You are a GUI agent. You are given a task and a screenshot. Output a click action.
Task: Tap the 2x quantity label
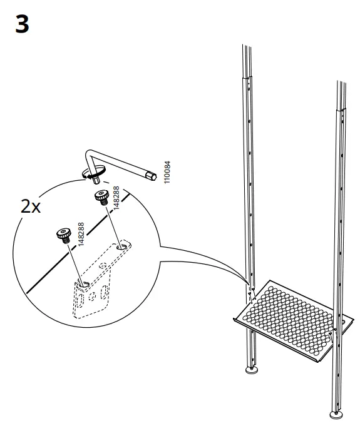pyautogui.click(x=31, y=207)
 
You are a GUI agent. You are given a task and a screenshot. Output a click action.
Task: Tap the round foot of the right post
pyautogui.click(x=336, y=414)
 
